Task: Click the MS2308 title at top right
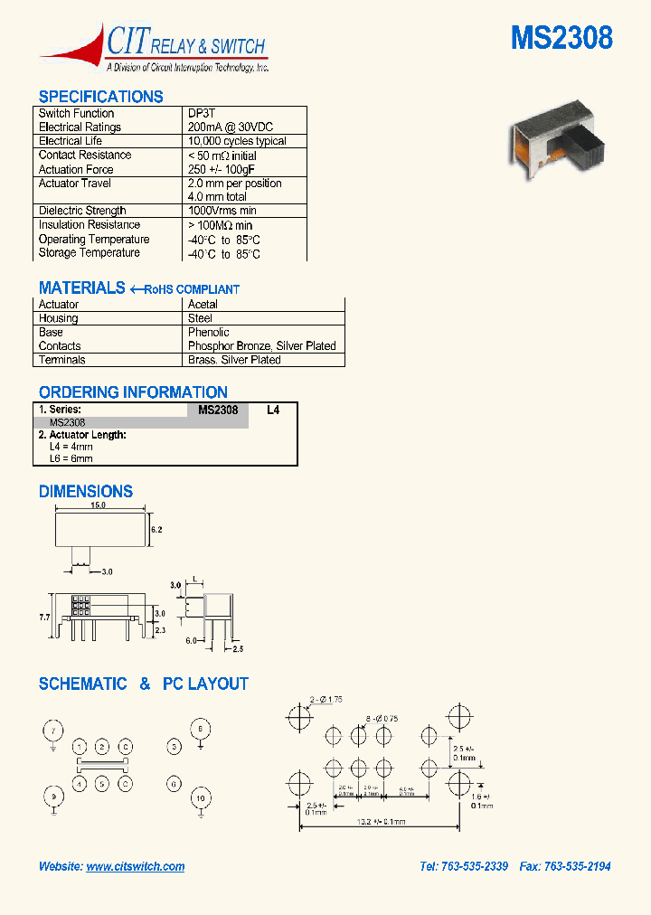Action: pos(561,38)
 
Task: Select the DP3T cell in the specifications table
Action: pos(202,114)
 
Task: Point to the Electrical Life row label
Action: pos(71,141)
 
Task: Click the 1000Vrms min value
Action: pos(222,211)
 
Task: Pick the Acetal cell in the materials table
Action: pos(203,305)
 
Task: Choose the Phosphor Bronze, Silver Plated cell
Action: pos(261,345)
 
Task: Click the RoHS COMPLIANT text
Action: pos(192,289)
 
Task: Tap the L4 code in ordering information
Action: pos(273,410)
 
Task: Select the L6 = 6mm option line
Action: pos(71,458)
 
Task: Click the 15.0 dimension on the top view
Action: pos(98,505)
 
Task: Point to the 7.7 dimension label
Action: pos(45,615)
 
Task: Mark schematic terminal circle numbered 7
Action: pos(54,731)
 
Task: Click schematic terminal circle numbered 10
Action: pos(201,798)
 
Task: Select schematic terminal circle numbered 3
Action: pos(175,747)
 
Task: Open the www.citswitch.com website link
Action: pos(136,866)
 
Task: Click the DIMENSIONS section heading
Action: pos(86,492)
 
